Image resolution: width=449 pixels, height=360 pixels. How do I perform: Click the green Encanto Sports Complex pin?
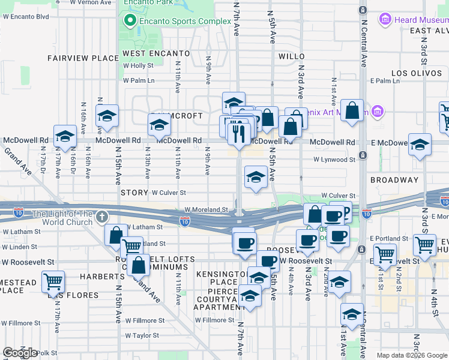click(128, 21)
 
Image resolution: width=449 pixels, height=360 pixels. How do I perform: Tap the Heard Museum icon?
click(385, 20)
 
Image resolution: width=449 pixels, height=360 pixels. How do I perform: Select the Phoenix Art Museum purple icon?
click(378, 111)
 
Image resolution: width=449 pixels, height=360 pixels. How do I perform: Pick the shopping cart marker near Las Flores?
click(53, 280)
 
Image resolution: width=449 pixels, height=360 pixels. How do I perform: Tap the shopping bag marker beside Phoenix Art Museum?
click(352, 110)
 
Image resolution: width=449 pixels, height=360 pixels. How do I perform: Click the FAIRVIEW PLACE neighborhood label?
click(83, 58)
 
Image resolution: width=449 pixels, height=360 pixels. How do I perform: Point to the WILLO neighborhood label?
click(292, 56)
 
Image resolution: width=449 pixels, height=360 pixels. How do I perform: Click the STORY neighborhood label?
click(134, 193)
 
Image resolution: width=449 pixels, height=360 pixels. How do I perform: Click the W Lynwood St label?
click(334, 160)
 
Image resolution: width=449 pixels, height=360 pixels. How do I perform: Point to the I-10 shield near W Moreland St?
click(185, 221)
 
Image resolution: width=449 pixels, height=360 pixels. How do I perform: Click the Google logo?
click(20, 353)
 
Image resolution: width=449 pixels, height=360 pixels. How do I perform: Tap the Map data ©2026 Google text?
click(411, 355)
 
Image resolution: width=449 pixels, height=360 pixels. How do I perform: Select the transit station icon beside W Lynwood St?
click(362, 155)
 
